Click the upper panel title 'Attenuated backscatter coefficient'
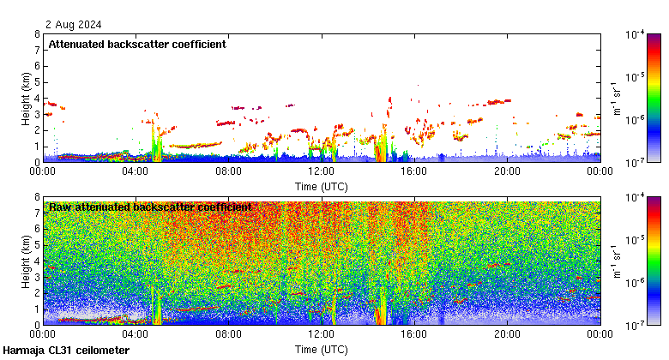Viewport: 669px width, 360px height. point(137,44)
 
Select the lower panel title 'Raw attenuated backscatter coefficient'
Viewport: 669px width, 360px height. point(150,207)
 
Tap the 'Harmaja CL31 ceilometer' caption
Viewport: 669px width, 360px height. point(66,351)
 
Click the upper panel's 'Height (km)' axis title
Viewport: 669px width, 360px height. point(26,98)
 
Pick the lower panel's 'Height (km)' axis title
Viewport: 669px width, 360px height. point(26,261)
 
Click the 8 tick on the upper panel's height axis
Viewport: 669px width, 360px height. point(36,34)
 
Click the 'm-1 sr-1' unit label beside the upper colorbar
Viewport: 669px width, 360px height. point(615,98)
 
